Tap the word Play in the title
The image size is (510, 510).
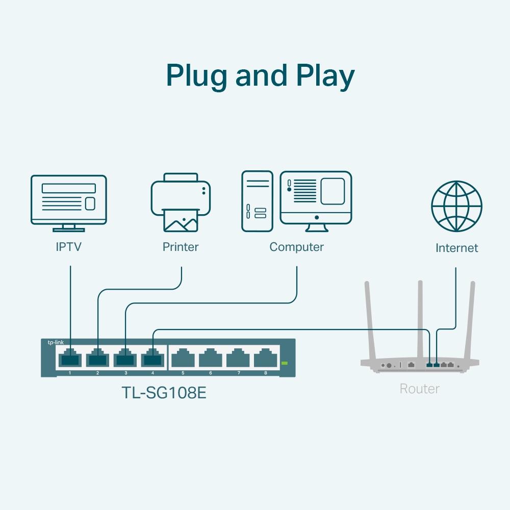point(325,76)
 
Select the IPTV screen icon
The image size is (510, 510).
point(69,200)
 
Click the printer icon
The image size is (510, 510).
point(181,201)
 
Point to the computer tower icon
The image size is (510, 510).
point(258,201)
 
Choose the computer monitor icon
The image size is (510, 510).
point(316,198)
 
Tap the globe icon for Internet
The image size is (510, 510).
point(456,206)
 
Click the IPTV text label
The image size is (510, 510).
point(68,247)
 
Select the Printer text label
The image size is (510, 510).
point(181,247)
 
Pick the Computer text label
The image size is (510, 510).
point(296,247)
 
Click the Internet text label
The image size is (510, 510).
point(456,248)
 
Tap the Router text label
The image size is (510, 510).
point(419,389)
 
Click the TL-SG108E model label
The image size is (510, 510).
point(164,393)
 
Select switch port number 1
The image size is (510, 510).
point(70,358)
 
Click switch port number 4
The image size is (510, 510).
point(152,358)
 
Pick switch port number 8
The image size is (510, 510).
point(265,358)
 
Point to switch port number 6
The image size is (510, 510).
point(210,358)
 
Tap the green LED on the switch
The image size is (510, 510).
point(285,363)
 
